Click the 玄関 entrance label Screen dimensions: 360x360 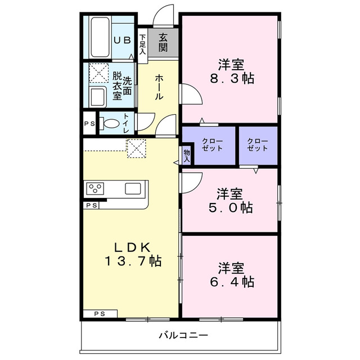(163, 42)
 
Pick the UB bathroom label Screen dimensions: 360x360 (123, 40)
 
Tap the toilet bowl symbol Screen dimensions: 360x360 (111, 123)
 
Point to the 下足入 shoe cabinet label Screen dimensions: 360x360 (143, 45)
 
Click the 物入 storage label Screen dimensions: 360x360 (186, 155)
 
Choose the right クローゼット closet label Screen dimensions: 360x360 (258, 145)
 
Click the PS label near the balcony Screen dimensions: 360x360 (100, 314)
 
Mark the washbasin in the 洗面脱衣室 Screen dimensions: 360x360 (98, 96)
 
